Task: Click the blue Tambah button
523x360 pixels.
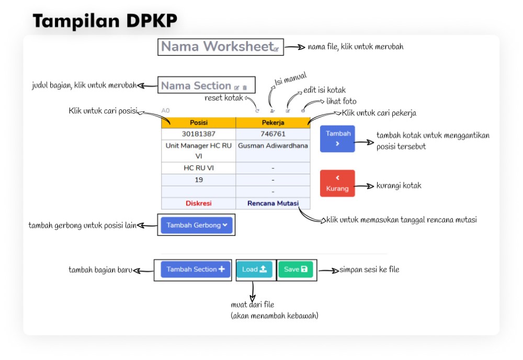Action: [x=338, y=139]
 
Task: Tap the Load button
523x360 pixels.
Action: [x=255, y=269]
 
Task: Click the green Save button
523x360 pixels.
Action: [x=295, y=269]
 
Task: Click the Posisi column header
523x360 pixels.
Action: [x=198, y=123]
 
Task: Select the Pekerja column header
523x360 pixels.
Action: [x=272, y=123]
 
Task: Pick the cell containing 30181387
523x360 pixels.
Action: [x=198, y=134]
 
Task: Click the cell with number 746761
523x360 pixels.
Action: [x=272, y=134]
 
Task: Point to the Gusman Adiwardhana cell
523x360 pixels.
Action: [x=272, y=146]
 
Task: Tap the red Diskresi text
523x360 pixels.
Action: [x=198, y=203]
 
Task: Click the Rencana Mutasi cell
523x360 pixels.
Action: [x=272, y=203]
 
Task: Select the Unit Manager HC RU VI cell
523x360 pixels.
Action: [x=198, y=151]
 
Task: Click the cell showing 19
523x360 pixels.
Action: [x=198, y=179]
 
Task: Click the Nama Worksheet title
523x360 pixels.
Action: [x=217, y=47]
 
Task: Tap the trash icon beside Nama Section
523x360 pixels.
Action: [x=245, y=87]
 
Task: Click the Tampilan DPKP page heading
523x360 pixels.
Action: [x=105, y=20]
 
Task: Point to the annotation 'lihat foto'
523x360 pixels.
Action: [x=341, y=102]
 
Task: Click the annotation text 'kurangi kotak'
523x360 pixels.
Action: [x=399, y=186]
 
